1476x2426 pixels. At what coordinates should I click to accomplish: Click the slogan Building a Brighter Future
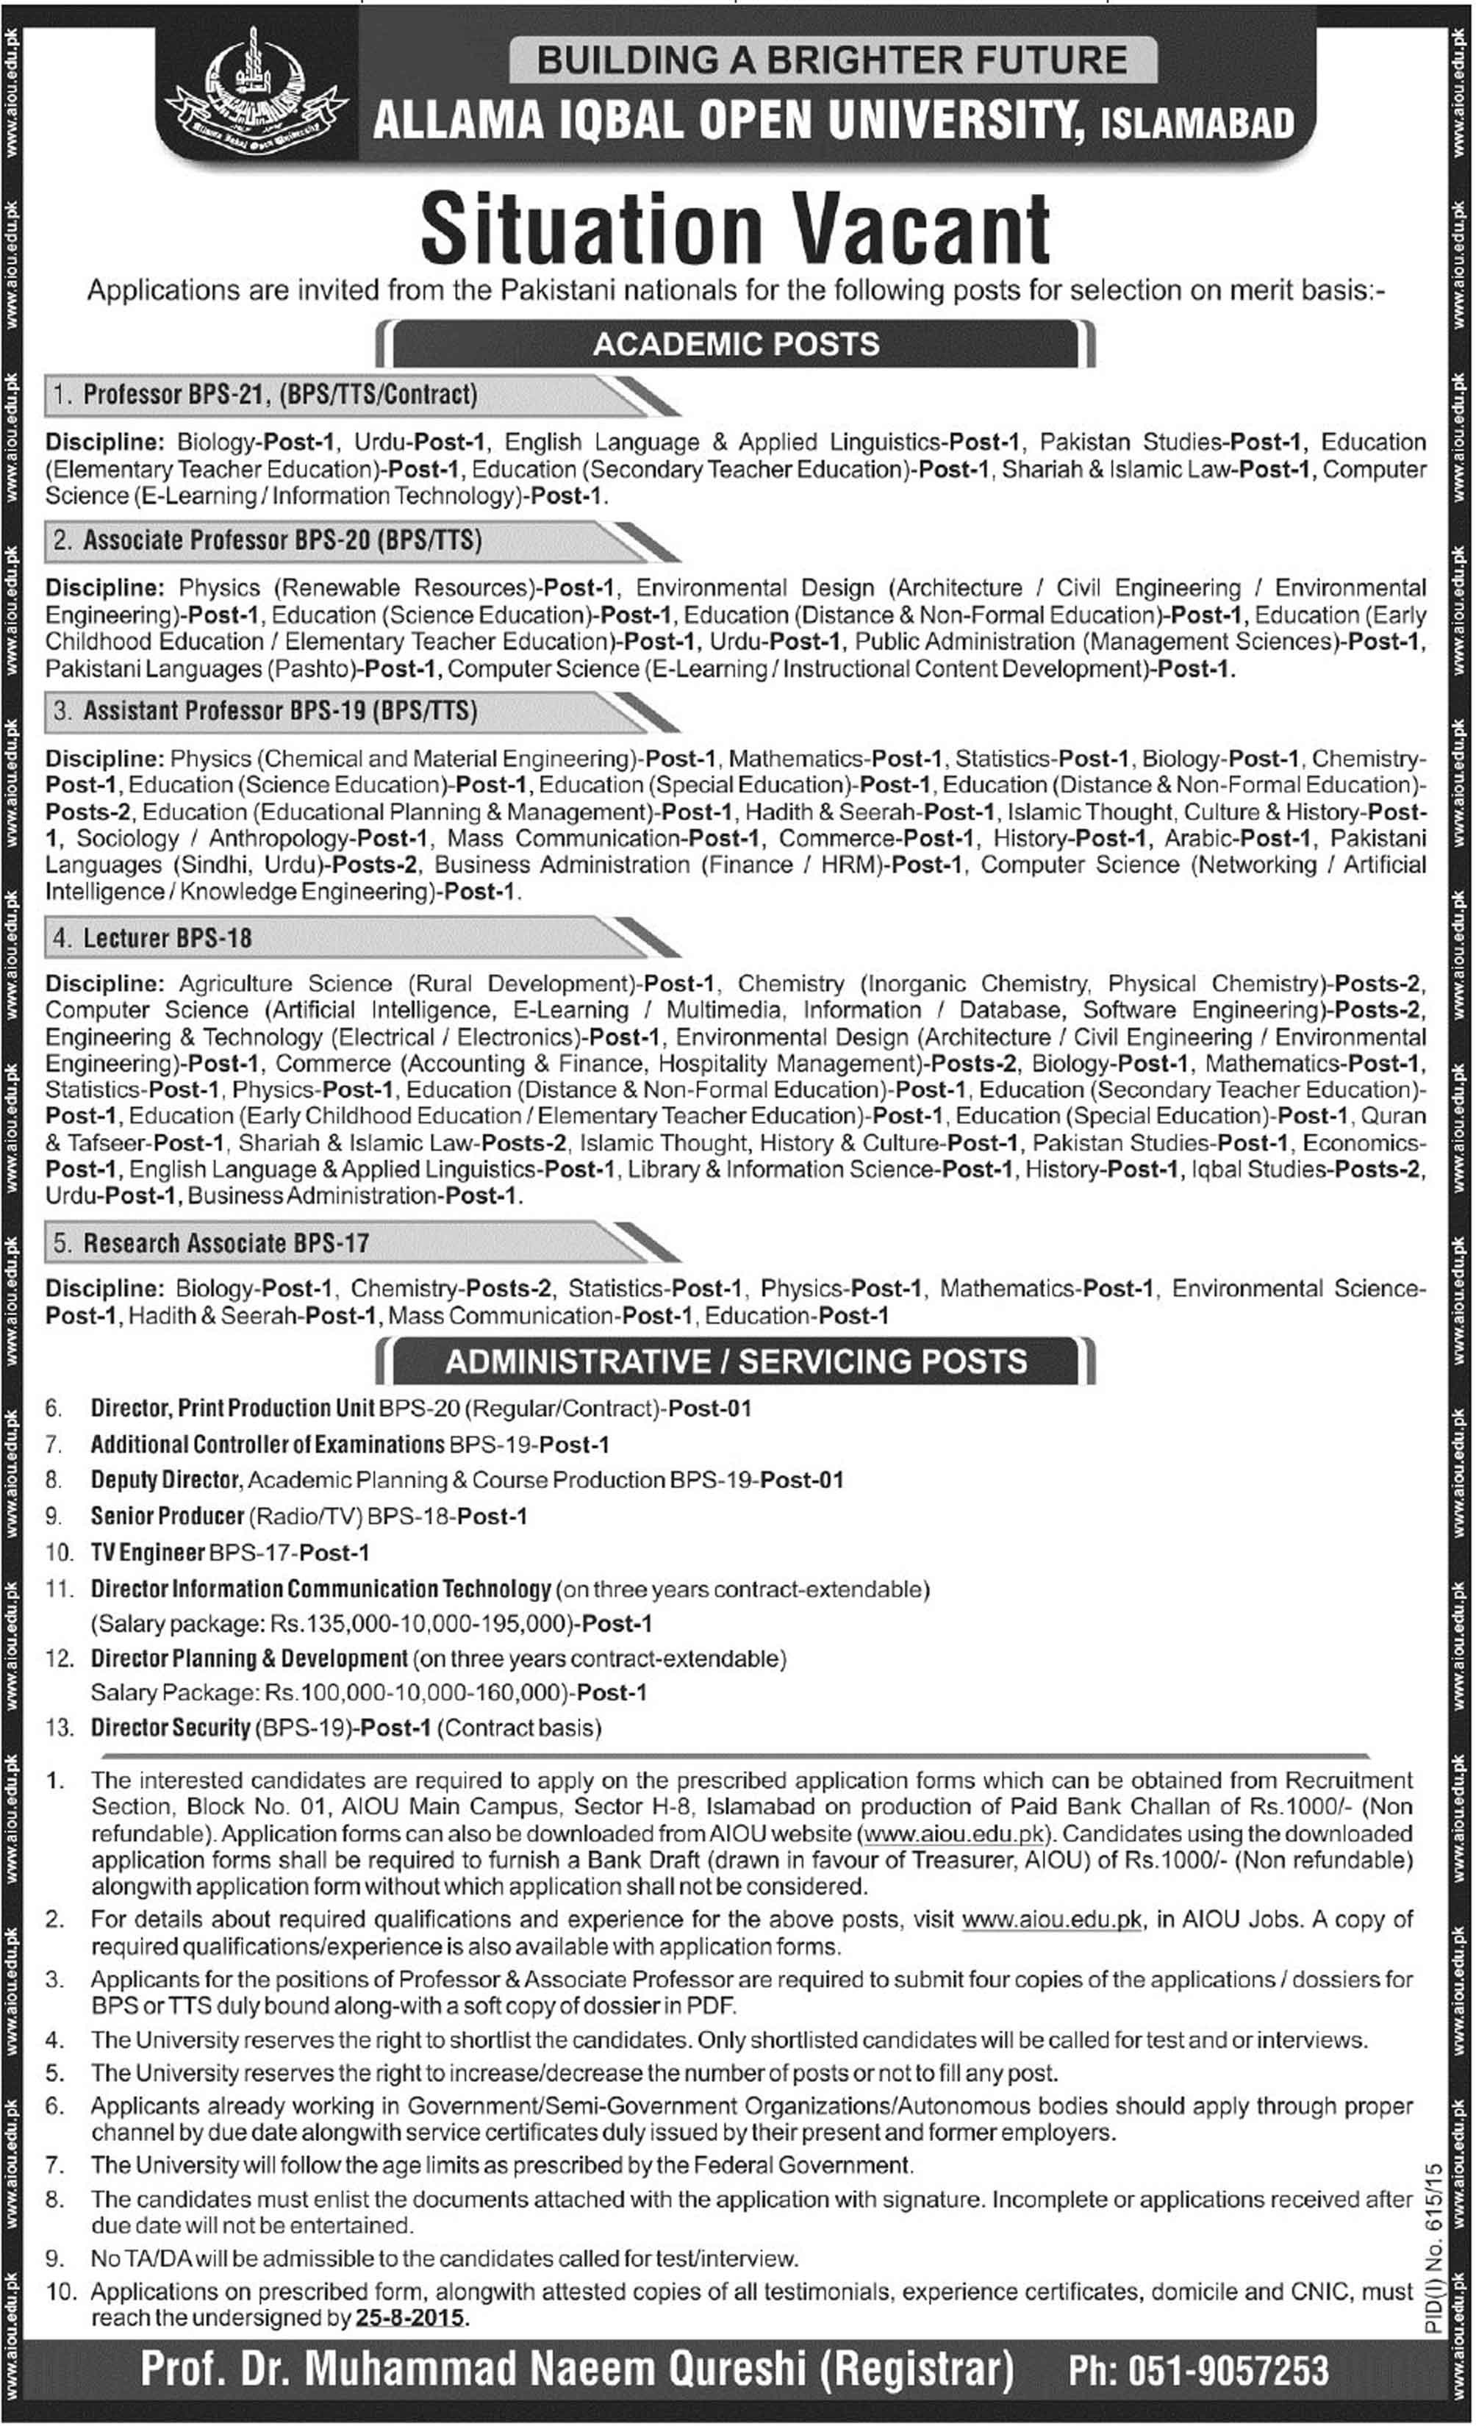(x=832, y=60)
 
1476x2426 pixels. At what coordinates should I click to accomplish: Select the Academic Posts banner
(x=736, y=343)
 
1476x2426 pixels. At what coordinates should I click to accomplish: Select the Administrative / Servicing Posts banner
(x=736, y=1361)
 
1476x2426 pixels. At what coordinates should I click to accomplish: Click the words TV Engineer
(x=148, y=1553)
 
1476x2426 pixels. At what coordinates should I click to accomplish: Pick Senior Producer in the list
(x=168, y=1516)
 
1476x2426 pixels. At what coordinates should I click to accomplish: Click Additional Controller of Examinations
(x=268, y=1445)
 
